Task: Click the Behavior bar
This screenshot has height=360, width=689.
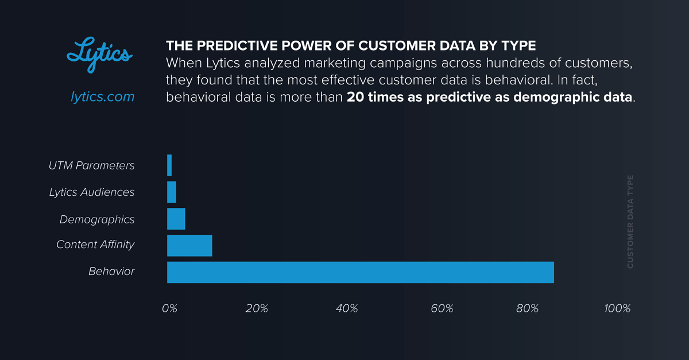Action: point(361,272)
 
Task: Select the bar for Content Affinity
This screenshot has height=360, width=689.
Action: point(189,245)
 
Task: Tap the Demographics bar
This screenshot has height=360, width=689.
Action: point(176,219)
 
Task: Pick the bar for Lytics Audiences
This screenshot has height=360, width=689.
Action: point(172,192)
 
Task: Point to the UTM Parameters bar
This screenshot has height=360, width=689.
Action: point(169,165)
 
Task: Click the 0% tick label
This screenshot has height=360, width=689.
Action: point(169,308)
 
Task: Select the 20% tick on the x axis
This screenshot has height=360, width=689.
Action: point(257,308)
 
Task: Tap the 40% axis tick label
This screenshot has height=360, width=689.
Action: point(347,308)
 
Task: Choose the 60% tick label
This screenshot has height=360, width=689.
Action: point(442,308)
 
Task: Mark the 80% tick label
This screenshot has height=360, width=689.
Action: point(527,308)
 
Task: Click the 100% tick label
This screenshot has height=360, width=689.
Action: point(618,308)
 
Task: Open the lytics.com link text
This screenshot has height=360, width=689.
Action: point(102,97)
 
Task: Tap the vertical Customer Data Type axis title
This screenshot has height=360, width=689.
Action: point(630,222)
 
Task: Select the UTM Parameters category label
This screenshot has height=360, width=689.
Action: point(92,165)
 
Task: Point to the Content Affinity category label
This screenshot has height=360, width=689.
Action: point(95,245)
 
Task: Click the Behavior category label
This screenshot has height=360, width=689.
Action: point(111,271)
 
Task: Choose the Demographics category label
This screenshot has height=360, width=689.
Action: point(97,219)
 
